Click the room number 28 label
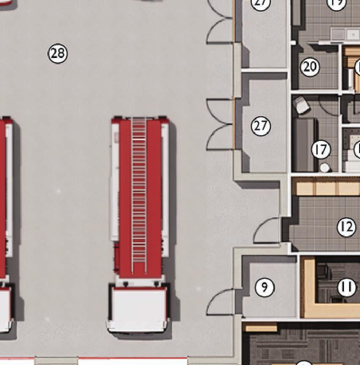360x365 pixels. [58, 53]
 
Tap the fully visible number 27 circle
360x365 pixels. [261, 126]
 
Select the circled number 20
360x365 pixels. [310, 67]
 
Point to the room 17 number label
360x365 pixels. [321, 149]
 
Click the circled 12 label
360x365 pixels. [346, 228]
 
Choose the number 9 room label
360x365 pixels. [265, 287]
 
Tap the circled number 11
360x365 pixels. [346, 288]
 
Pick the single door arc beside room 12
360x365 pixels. [266, 231]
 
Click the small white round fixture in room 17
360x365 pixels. [324, 167]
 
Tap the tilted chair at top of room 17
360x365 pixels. [302, 105]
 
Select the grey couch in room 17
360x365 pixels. [305, 145]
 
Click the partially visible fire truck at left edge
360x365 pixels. [5, 220]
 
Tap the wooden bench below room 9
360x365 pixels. [261, 327]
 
